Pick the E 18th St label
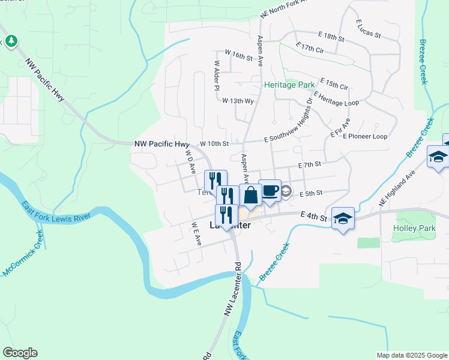[x=331, y=37]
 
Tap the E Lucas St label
[x=369, y=29]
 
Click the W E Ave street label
[x=195, y=233]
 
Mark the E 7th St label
[x=310, y=164]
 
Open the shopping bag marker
[x=250, y=194]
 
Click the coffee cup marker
[x=270, y=190]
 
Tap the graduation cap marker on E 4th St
[x=343, y=218]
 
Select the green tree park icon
[x=11, y=41]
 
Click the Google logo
[x=20, y=353]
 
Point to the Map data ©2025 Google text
[x=411, y=355]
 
